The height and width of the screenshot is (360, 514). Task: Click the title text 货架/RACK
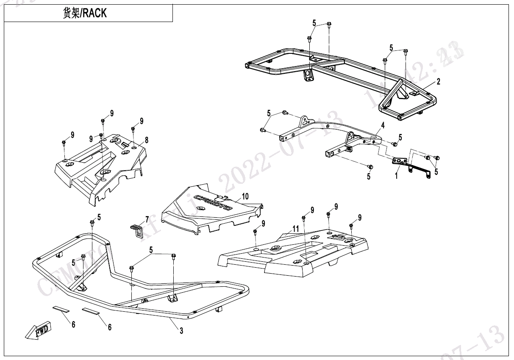pyautogui.click(x=85, y=13)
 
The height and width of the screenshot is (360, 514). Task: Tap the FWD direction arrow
pyautogui.click(x=39, y=330)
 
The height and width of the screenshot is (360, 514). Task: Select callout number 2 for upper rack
pyautogui.click(x=439, y=81)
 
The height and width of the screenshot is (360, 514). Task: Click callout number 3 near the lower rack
pyautogui.click(x=181, y=331)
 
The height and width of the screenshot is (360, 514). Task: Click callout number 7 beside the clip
pyautogui.click(x=147, y=219)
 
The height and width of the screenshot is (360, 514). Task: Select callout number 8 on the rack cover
pyautogui.click(x=146, y=139)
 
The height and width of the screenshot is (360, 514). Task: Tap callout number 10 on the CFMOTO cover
pyautogui.click(x=245, y=196)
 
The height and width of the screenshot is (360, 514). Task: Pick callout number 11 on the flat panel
pyautogui.click(x=296, y=229)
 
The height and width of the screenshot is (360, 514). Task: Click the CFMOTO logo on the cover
pyautogui.click(x=213, y=202)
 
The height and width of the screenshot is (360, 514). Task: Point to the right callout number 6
pyautogui.click(x=109, y=327)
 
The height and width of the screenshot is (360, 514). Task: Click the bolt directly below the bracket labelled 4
pyautogui.click(x=369, y=166)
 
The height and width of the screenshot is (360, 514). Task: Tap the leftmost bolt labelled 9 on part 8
pyautogui.click(x=64, y=143)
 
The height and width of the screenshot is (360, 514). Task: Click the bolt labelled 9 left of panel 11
pyautogui.click(x=255, y=232)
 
